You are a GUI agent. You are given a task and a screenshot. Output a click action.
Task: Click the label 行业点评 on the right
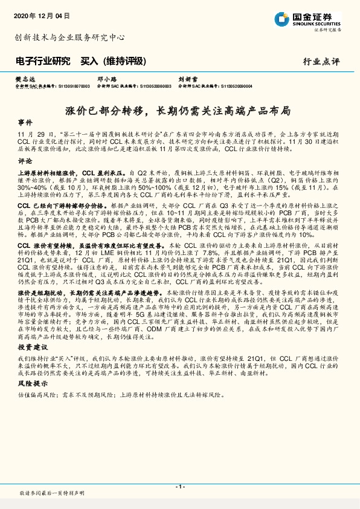[x=321, y=62]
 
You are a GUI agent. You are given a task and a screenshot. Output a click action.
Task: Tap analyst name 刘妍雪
[x=185, y=79]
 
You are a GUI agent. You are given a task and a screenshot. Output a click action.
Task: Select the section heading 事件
[x=25, y=122]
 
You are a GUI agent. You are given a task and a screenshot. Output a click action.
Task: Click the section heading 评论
[x=25, y=161]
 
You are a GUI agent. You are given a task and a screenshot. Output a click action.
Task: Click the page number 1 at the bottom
[x=179, y=486]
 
